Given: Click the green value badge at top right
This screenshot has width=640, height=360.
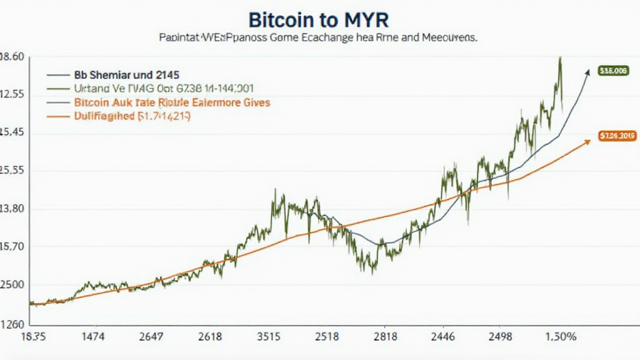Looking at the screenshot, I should [x=612, y=71].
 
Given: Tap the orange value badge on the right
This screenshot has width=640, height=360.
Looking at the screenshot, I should [x=616, y=136].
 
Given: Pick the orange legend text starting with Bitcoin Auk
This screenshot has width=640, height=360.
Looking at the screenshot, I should [x=172, y=101].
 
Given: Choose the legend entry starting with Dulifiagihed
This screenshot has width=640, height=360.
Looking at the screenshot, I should [x=132, y=116].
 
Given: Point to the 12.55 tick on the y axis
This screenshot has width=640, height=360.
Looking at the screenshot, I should [x=12, y=94].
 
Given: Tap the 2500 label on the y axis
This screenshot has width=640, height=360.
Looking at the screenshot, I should [x=12, y=285].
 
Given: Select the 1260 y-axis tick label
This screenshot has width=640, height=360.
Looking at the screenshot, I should [x=12, y=324].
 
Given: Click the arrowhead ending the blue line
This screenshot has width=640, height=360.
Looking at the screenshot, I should [x=587, y=72].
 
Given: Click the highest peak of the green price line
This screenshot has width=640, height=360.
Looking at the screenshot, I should [x=559, y=58].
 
